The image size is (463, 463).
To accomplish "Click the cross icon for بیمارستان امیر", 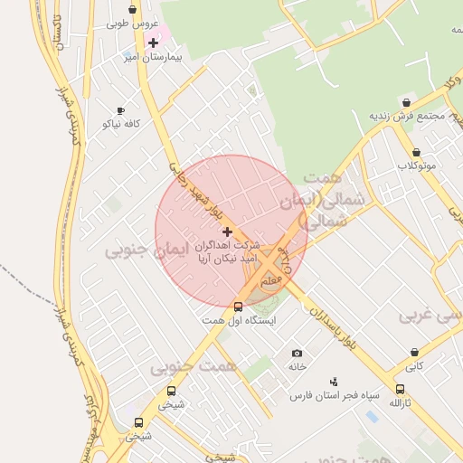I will [x=153, y=43].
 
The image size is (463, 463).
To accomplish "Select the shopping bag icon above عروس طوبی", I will [x=133, y=10].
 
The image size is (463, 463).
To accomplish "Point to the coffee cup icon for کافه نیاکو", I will [x=120, y=110].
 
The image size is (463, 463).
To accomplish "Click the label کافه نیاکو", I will [x=120, y=123].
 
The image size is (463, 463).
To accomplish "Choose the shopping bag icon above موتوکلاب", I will [x=416, y=153].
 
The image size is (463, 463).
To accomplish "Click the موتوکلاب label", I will [x=416, y=166].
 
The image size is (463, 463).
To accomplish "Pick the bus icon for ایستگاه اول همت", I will [x=238, y=307].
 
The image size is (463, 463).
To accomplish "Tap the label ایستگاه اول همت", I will [x=238, y=320].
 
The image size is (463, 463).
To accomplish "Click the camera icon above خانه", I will [x=298, y=354].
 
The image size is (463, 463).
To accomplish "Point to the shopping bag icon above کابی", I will [x=414, y=353].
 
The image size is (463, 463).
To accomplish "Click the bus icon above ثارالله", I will [x=400, y=389].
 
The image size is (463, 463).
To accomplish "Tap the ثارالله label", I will [x=400, y=402].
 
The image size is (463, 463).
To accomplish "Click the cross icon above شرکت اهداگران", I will [x=226, y=232].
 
